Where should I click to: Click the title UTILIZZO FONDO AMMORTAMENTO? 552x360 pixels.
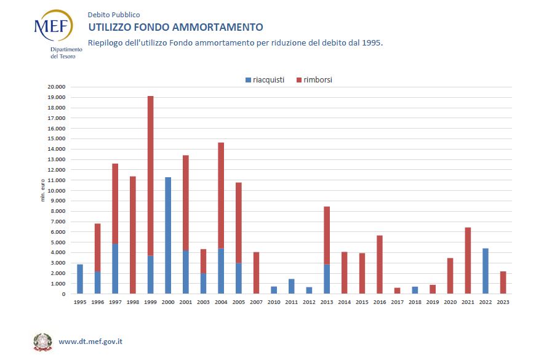175,27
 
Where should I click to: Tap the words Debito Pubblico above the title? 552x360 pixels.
114,14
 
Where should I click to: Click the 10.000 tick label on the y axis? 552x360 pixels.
57,191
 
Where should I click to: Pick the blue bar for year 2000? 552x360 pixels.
168,235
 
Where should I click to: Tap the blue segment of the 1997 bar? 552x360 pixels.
115,269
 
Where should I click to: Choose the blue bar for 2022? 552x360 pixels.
486,271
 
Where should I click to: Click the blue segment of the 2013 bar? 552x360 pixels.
327,279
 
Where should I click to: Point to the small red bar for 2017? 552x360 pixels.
398,290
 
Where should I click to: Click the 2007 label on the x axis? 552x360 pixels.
256,302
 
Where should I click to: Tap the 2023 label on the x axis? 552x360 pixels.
503,302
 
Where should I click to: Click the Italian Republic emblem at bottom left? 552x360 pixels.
42,342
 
